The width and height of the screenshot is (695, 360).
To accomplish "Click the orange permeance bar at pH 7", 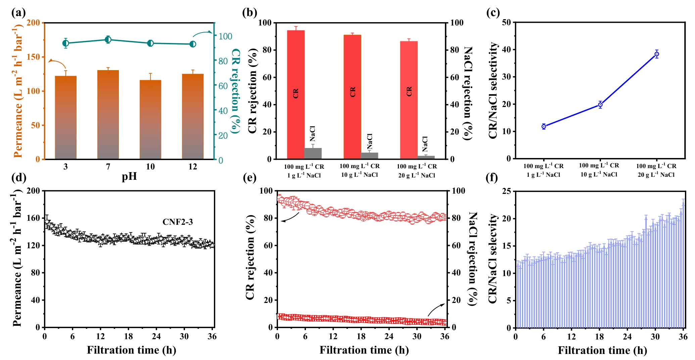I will pyautogui.click(x=108, y=114).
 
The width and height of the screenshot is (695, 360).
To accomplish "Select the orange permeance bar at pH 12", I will pyautogui.click(x=193, y=116).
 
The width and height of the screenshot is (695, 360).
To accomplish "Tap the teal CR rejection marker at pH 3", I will pyautogui.click(x=65, y=43).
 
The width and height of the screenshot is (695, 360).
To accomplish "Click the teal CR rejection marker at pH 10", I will pyautogui.click(x=150, y=43).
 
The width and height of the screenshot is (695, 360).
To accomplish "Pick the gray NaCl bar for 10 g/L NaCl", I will pyautogui.click(x=369, y=156).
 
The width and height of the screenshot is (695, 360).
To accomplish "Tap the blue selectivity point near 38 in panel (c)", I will pyautogui.click(x=657, y=54).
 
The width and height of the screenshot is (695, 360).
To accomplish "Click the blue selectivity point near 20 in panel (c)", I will pyautogui.click(x=600, y=105).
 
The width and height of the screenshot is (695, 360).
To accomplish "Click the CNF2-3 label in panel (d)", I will pyautogui.click(x=178, y=222).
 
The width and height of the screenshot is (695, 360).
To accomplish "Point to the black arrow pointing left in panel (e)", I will pyautogui.click(x=290, y=217).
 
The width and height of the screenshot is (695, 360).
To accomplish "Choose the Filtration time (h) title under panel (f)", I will pyautogui.click(x=602, y=351).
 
